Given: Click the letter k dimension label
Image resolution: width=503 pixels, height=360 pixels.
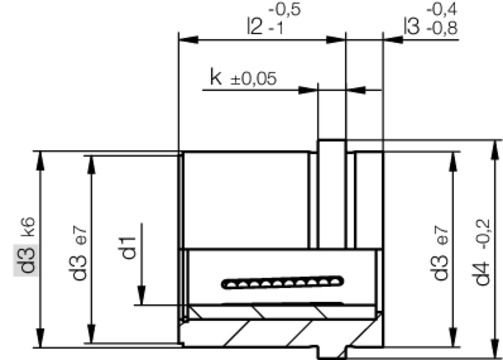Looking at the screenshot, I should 215,78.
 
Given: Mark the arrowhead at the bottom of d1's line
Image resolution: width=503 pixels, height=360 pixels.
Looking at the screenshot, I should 143,296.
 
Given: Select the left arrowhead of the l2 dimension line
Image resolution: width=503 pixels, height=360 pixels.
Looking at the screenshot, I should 184,41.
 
